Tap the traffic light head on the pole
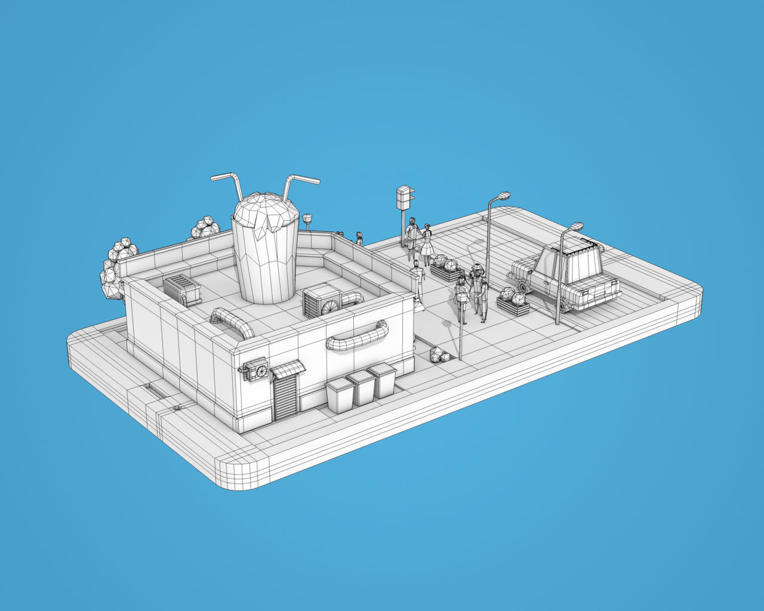point(404,196)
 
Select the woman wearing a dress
point(427,244)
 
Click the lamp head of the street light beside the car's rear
point(575,227)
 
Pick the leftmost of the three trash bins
point(340,396)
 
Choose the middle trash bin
point(361,387)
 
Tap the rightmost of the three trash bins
point(383,380)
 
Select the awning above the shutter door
point(288,370)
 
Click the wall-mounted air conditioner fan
point(260,372)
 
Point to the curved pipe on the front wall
point(357,337)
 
